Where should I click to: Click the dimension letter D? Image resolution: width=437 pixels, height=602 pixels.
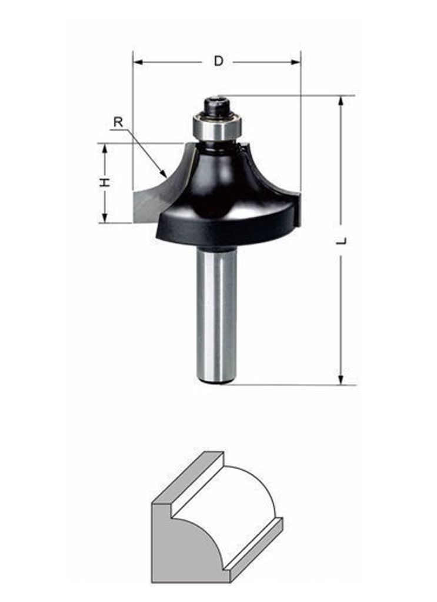pos(219,61)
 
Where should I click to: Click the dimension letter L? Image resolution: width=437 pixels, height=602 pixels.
pos(342,241)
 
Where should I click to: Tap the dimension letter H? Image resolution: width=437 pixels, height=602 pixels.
pos(105,182)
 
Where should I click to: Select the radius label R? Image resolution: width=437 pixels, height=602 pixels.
pos(118,122)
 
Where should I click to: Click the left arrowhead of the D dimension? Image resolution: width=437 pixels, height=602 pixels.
pos(138,62)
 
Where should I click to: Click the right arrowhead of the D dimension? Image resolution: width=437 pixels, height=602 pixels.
pos(296,62)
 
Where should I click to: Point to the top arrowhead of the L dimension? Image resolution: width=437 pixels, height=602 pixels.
pos(341,101)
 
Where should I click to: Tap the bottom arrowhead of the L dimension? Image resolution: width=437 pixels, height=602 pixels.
pos(341,379)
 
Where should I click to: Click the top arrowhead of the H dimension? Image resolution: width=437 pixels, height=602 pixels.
pos(104,148)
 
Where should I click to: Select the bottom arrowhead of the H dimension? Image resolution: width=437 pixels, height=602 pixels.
pos(104,218)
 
